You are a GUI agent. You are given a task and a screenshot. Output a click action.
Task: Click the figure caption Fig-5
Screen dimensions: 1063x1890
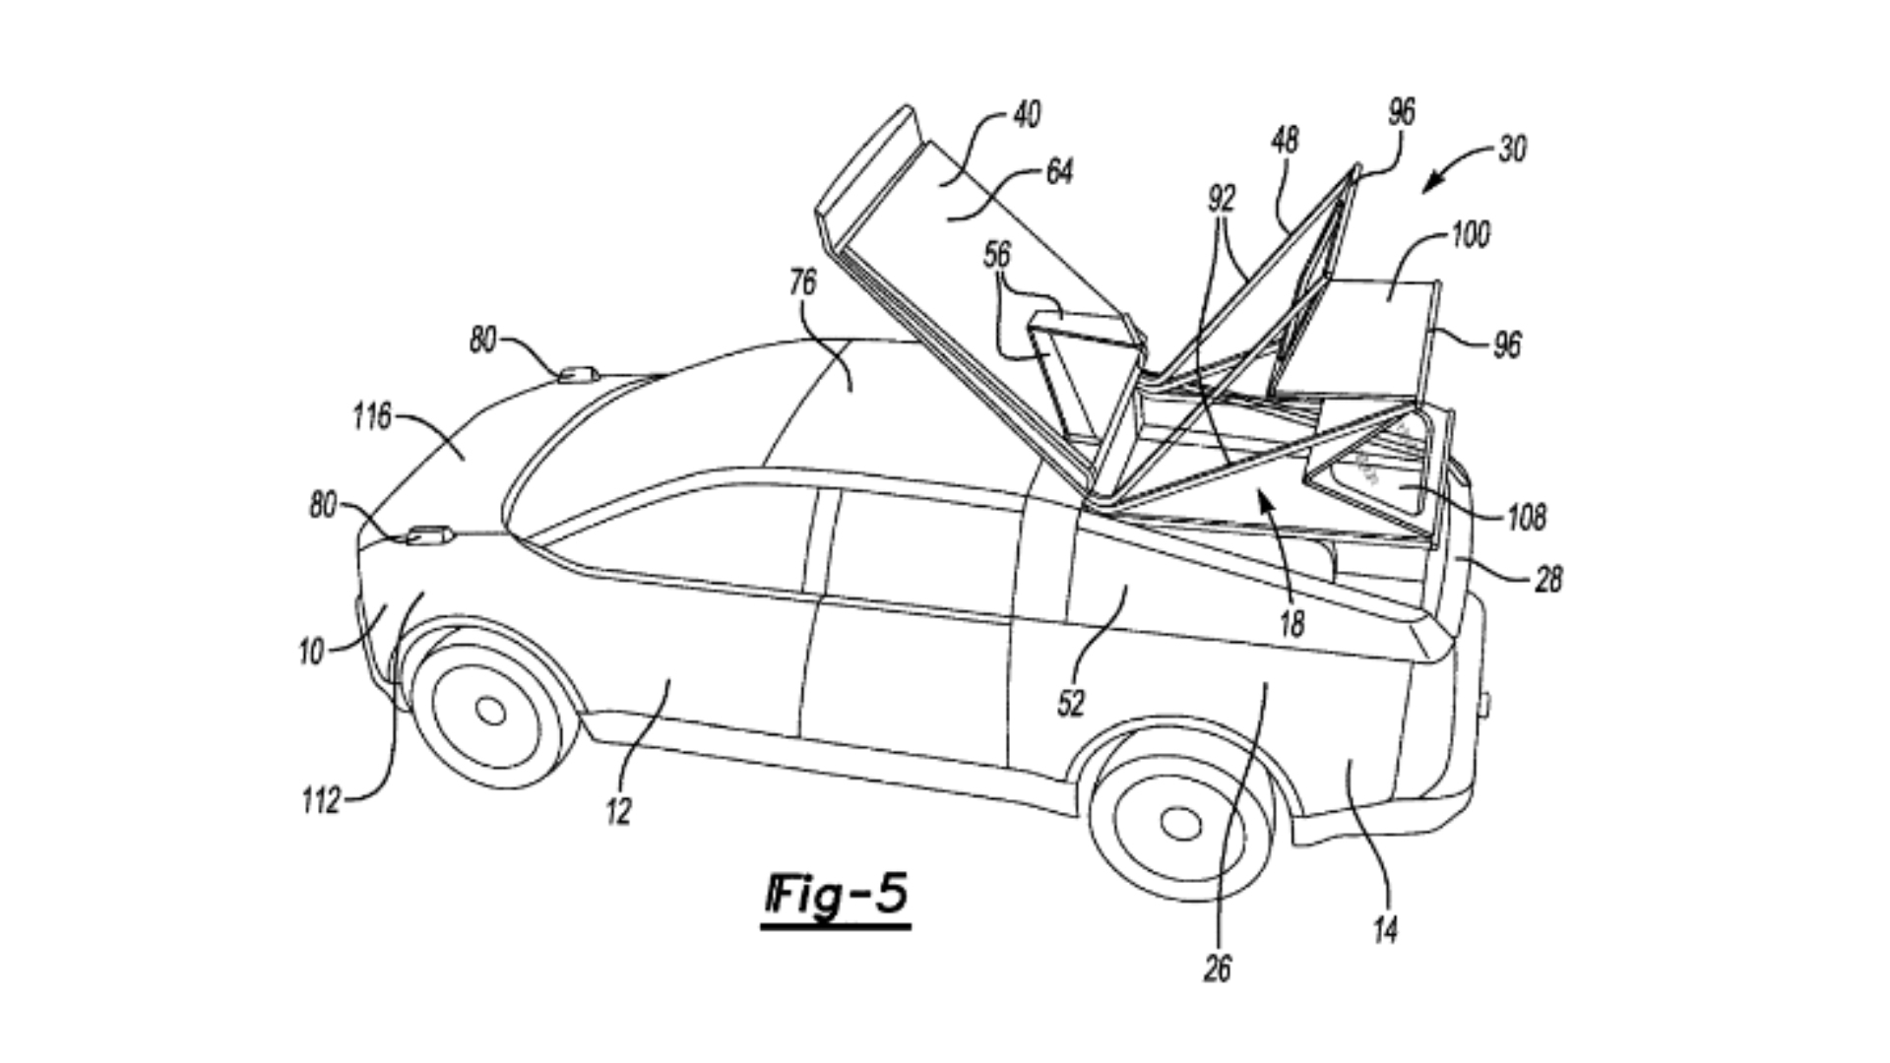(x=836, y=897)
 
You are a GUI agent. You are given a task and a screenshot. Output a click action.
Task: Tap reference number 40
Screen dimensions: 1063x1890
(x=1026, y=115)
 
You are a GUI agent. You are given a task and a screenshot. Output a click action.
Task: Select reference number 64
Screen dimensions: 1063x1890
(x=1058, y=172)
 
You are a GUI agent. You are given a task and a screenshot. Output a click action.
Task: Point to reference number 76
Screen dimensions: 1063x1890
(x=802, y=283)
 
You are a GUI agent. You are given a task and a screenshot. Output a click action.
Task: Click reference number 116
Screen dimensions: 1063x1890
(x=372, y=417)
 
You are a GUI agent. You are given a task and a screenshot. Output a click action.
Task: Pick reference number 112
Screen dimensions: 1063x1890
(x=321, y=801)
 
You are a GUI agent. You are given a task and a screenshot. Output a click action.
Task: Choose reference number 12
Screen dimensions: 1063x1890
(x=618, y=812)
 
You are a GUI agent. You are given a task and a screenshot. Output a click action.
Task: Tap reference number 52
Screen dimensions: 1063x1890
(x=1070, y=703)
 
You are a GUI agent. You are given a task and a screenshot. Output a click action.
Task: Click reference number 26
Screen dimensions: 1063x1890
(x=1218, y=969)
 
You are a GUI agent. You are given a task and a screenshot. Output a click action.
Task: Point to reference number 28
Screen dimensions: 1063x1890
(x=1548, y=580)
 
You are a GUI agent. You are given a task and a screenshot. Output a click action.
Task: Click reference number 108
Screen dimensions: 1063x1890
(x=1527, y=517)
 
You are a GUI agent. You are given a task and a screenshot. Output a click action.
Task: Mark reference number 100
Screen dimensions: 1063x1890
(x=1471, y=235)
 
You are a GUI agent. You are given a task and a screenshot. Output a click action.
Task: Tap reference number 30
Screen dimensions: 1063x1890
(x=1512, y=150)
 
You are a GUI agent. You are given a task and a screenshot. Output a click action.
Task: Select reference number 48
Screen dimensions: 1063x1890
(x=1285, y=141)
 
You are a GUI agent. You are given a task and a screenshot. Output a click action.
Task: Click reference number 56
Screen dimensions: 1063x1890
(x=997, y=256)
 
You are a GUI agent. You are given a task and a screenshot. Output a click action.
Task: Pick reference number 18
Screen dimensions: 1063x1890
(x=1291, y=622)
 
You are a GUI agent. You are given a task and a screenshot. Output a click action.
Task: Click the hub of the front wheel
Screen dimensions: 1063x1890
(x=490, y=710)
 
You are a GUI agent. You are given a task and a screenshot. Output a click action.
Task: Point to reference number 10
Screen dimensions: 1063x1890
(x=311, y=652)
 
